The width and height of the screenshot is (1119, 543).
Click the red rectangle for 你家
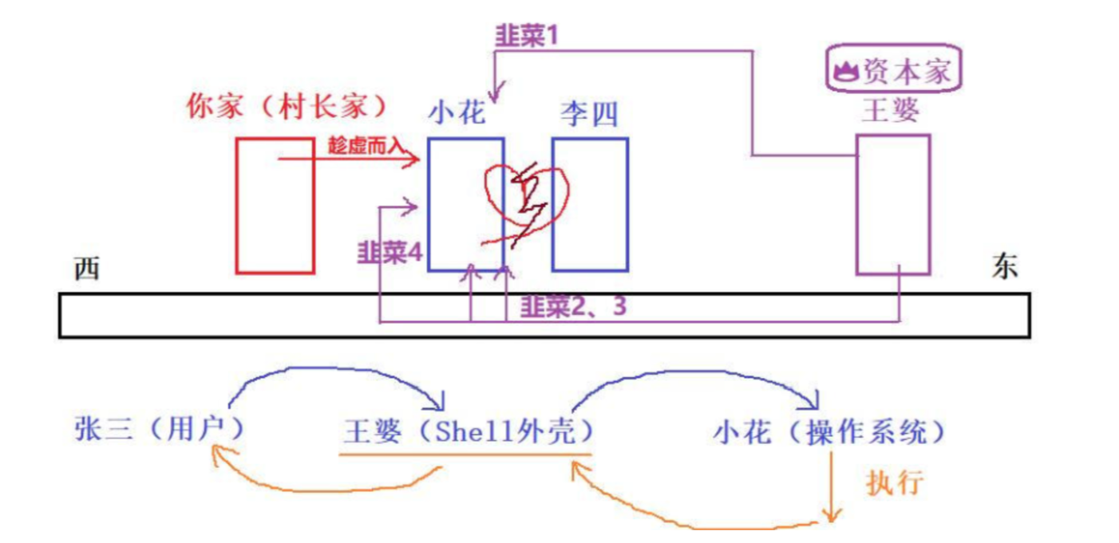click(275, 205)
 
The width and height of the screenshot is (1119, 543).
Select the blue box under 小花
click(465, 205)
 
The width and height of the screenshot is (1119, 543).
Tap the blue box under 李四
click(590, 205)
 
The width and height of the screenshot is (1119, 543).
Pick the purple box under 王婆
click(893, 205)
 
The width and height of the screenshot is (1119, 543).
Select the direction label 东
click(1005, 266)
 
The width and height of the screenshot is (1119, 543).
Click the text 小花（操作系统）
click(830, 432)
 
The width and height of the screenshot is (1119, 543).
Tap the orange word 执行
click(895, 482)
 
